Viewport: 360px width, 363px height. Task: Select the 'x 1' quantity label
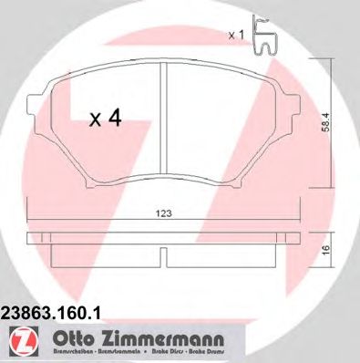(236, 34)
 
